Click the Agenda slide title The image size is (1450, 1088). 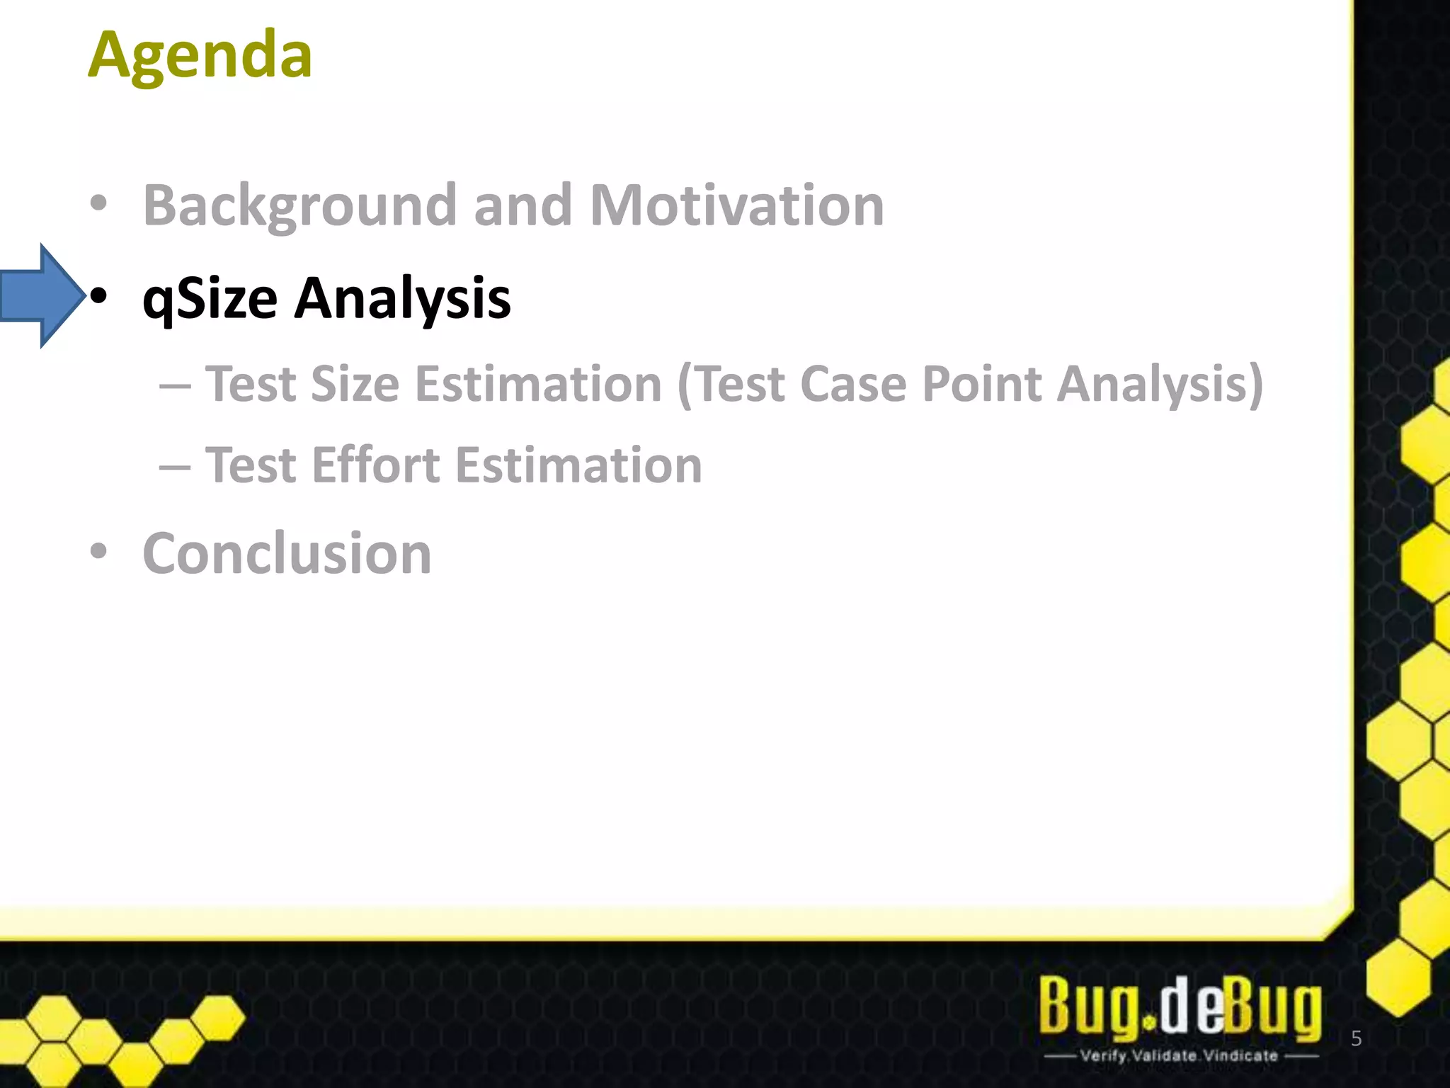click(x=200, y=55)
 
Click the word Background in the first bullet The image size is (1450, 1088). click(x=299, y=205)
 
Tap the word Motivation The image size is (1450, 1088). click(x=737, y=205)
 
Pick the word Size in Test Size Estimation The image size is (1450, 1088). click(x=355, y=385)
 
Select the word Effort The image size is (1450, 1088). click(x=376, y=465)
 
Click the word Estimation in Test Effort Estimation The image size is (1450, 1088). click(x=578, y=465)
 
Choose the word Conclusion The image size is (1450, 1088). click(x=287, y=553)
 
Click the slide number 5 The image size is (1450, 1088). click(x=1356, y=1038)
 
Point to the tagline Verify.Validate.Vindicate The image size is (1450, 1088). click(x=1180, y=1055)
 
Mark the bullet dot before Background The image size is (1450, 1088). click(x=99, y=203)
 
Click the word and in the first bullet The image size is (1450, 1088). click(x=523, y=205)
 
